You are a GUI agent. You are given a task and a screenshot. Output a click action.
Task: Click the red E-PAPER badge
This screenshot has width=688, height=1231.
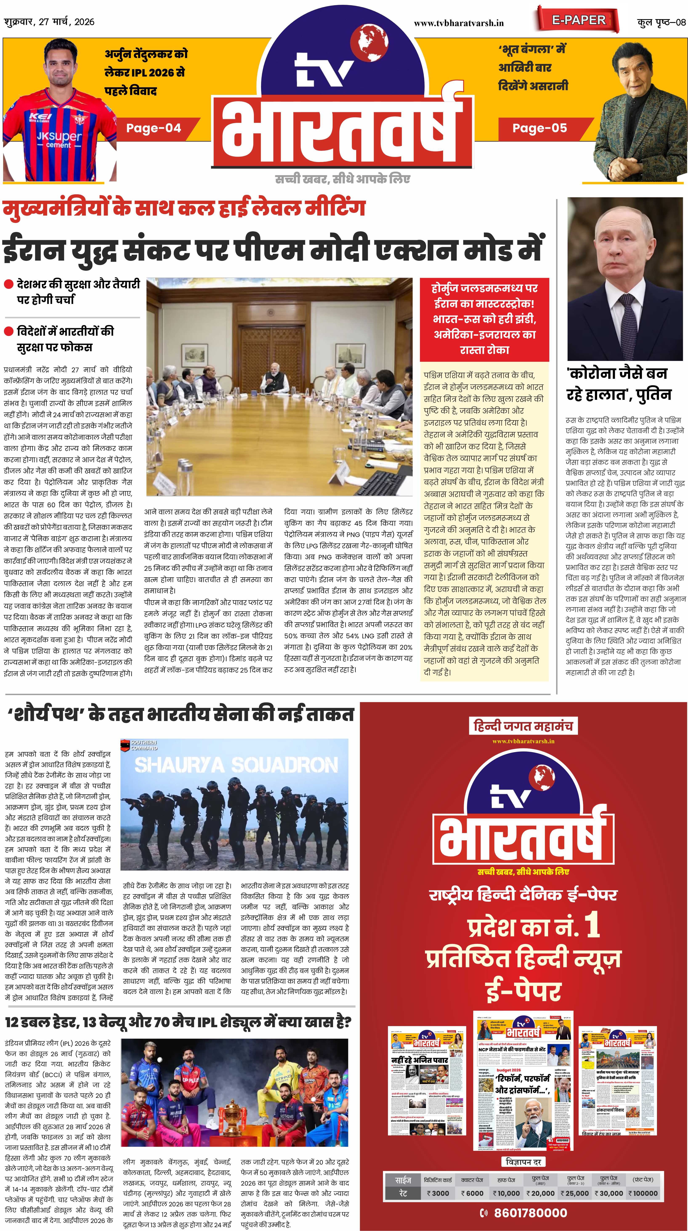tap(579, 20)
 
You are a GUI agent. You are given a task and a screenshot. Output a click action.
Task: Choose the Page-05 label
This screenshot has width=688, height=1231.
tap(539, 128)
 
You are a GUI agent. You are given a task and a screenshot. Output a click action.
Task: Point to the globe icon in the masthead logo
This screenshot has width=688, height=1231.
tap(369, 41)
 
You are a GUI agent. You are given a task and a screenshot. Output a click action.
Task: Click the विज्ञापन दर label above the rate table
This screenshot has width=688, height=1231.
tap(523, 1162)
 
